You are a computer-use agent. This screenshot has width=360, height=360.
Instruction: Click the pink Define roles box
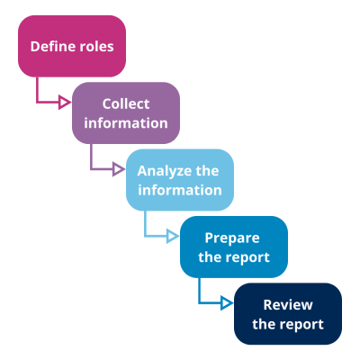72,45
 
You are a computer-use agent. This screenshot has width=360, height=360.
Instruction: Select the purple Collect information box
126,112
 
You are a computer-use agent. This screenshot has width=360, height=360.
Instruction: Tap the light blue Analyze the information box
180,180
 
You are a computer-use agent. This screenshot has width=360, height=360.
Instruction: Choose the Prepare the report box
234,247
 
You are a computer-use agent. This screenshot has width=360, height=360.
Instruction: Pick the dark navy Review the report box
288,314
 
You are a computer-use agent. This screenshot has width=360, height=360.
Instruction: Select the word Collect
126,103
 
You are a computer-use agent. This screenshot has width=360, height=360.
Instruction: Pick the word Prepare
232,238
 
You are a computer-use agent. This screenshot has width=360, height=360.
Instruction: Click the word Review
288,305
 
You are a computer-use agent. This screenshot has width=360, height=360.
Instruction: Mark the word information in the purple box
126,122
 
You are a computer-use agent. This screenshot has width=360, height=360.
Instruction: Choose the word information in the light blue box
180,190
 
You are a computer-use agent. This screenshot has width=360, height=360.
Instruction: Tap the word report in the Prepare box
247,257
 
